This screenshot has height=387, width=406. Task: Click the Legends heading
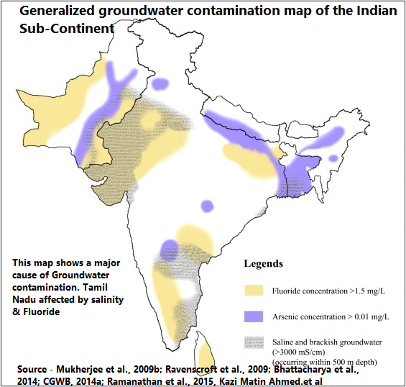pyautogui.click(x=263, y=264)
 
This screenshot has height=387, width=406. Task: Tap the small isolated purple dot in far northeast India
pyautogui.click(x=333, y=158)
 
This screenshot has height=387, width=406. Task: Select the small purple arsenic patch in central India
pyautogui.click(x=207, y=205)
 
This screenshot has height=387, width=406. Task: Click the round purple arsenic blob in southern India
pyautogui.click(x=170, y=248)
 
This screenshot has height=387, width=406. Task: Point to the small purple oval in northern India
pyautogui.click(x=160, y=84)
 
